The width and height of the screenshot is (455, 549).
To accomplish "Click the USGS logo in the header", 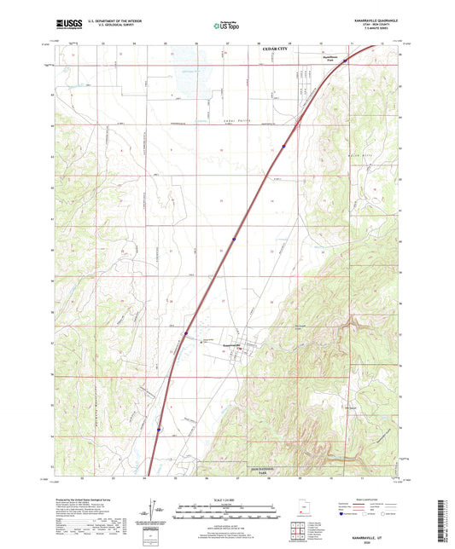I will tap(65, 26).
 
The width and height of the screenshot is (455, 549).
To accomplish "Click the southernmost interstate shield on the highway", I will tap(159, 430).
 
